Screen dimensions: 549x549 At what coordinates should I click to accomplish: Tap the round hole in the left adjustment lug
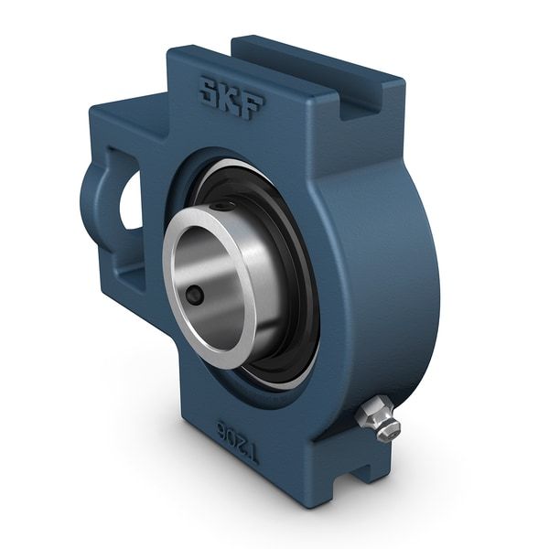[129, 200]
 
